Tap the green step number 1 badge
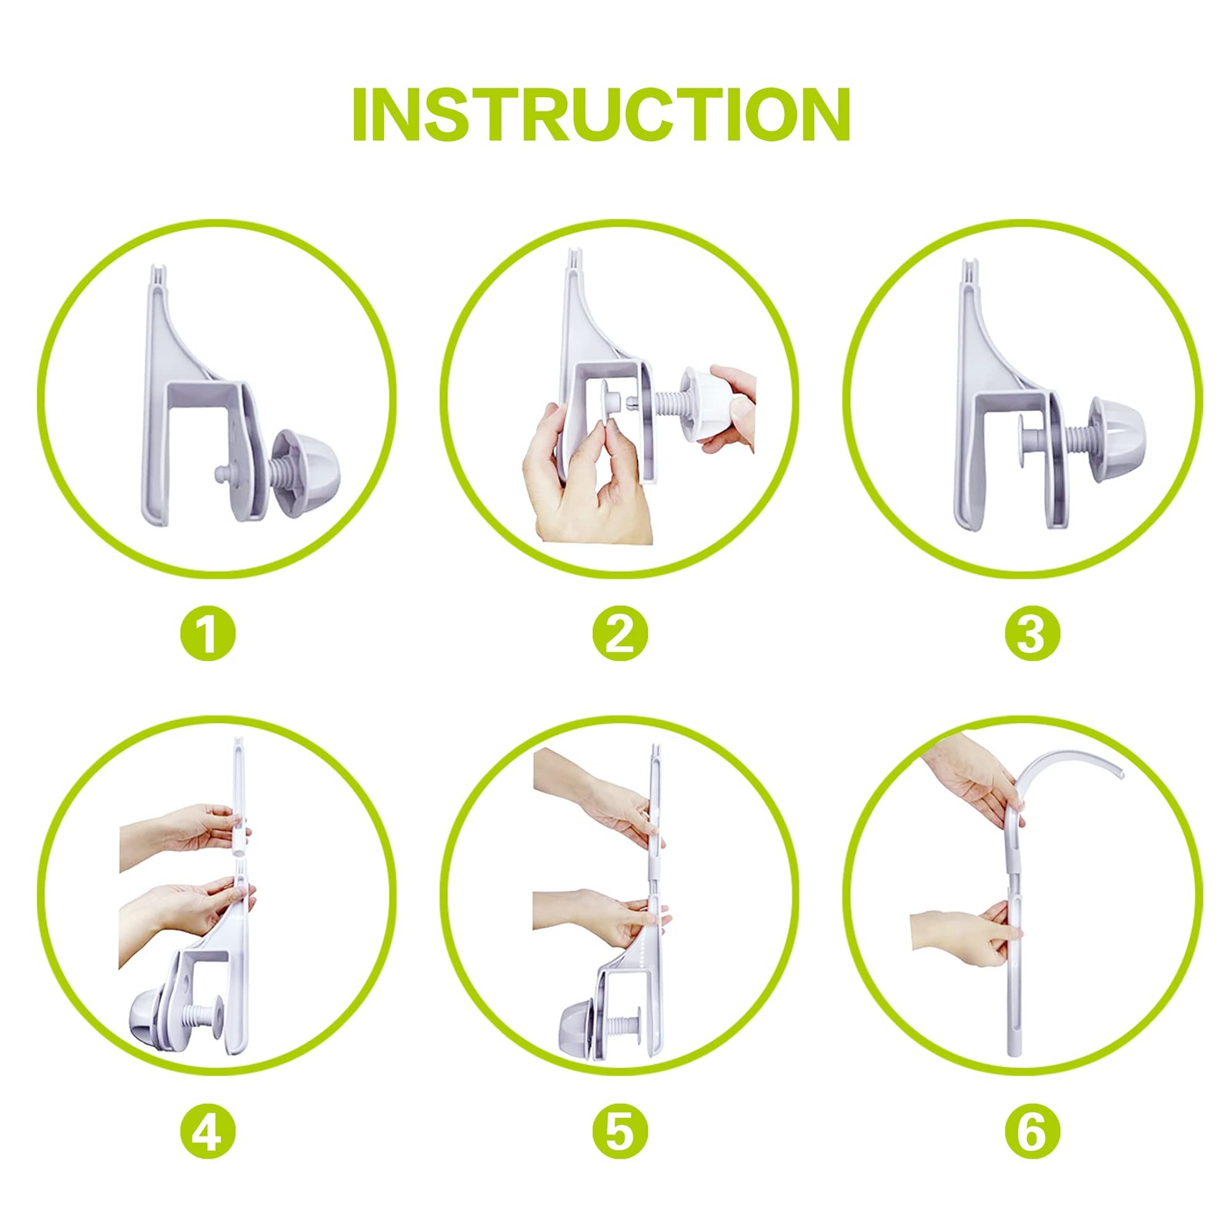coord(208,634)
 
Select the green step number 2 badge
coord(620,634)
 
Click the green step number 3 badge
coord(1033,634)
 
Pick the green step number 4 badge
coord(208,1132)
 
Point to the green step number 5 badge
coord(620,1132)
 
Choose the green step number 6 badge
coord(1033,1132)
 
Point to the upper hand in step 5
coord(596,796)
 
